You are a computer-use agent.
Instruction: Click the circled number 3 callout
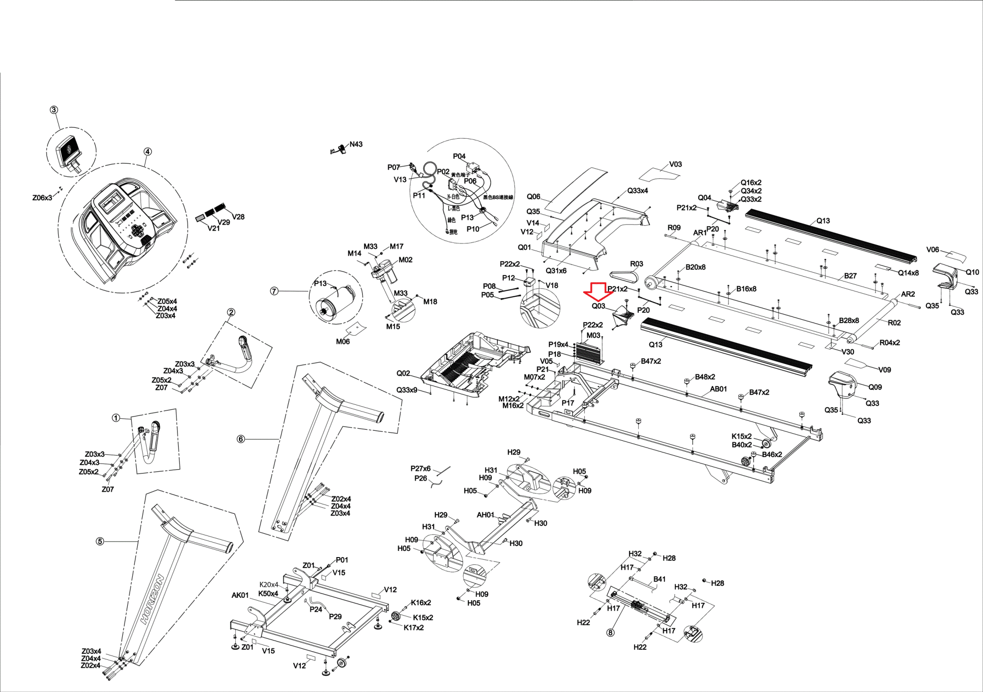54,110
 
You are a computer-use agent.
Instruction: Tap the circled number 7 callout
274,291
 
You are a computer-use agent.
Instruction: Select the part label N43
356,144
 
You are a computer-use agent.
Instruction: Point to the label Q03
598,306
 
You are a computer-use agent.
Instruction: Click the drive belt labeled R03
623,276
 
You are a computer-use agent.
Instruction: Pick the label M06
343,341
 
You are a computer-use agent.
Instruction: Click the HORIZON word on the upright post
153,599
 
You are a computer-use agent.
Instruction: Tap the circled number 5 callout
100,542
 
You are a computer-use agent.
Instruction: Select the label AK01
240,595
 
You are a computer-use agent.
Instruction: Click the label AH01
485,515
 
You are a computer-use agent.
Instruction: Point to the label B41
659,579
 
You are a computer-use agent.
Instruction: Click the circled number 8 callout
611,632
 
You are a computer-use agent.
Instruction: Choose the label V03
675,164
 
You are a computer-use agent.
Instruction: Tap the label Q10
972,272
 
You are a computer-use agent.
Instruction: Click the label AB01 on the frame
719,389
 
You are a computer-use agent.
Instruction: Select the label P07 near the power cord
394,167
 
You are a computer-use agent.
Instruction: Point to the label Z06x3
42,198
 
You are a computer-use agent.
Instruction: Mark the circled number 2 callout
231,312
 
